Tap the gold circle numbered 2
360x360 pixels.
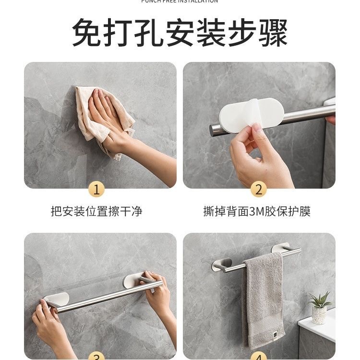[x=259, y=189]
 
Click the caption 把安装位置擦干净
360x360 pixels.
[x=96, y=211]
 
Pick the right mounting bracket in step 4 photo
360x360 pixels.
[x=282, y=249]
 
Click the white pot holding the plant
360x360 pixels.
[x=319, y=315]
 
